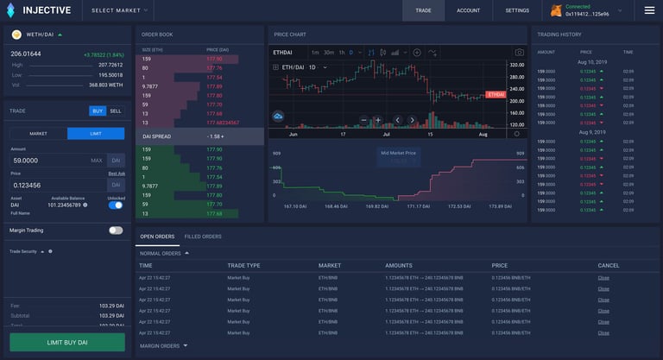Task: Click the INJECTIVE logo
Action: pos(40,10)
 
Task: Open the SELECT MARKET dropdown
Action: pos(120,10)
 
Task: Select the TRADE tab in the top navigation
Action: pos(423,10)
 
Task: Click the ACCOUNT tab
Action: pos(469,10)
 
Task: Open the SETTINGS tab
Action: pos(517,10)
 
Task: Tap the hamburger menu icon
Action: pos(649,10)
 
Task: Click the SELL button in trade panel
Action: pos(116,111)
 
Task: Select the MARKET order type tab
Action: pos(38,134)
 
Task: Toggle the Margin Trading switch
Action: pos(116,231)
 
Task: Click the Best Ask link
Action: pos(116,174)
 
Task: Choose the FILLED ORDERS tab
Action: pos(204,237)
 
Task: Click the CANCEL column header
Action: pos(608,265)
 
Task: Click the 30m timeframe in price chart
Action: pos(329,53)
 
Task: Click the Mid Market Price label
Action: pos(398,153)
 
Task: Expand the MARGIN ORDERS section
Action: pos(163,346)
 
